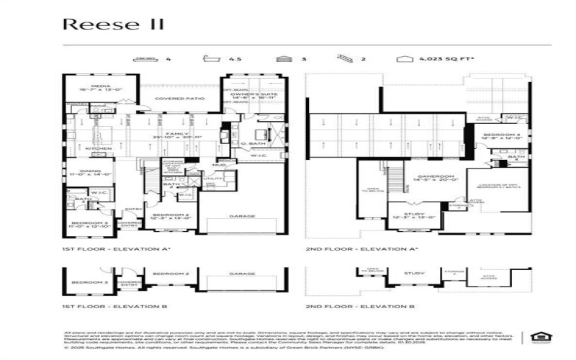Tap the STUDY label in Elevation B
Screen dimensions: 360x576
(x=413, y=274)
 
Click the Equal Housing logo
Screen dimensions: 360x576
(x=536, y=336)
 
